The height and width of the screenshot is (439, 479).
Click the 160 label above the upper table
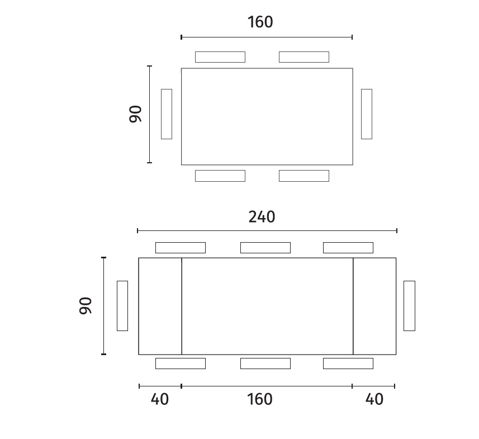(x=260, y=22)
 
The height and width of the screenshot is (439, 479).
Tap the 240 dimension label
(x=262, y=217)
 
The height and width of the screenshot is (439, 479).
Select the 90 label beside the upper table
(x=135, y=114)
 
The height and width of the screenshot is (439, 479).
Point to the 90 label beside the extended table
(x=85, y=305)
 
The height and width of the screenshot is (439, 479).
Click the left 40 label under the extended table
(x=159, y=399)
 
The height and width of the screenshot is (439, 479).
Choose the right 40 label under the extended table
(x=374, y=399)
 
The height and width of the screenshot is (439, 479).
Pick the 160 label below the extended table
(x=260, y=399)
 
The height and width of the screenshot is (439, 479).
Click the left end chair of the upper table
(x=167, y=114)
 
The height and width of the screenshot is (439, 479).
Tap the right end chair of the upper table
(x=367, y=114)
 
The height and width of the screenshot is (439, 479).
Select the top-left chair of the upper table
(x=220, y=57)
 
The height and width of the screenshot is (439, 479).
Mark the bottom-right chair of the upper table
(x=304, y=176)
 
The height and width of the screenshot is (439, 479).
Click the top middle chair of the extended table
(x=265, y=248)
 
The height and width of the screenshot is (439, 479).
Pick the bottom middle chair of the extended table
(x=265, y=364)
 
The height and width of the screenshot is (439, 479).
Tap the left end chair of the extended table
(x=122, y=306)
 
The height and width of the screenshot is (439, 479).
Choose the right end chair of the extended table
(x=409, y=306)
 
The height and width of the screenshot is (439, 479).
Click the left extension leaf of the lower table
(x=160, y=306)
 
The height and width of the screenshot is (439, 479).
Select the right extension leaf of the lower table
(x=374, y=306)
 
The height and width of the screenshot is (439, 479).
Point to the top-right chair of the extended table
(x=348, y=248)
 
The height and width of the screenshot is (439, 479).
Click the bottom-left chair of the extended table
(x=181, y=364)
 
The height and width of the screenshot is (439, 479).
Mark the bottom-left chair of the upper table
(x=220, y=176)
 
